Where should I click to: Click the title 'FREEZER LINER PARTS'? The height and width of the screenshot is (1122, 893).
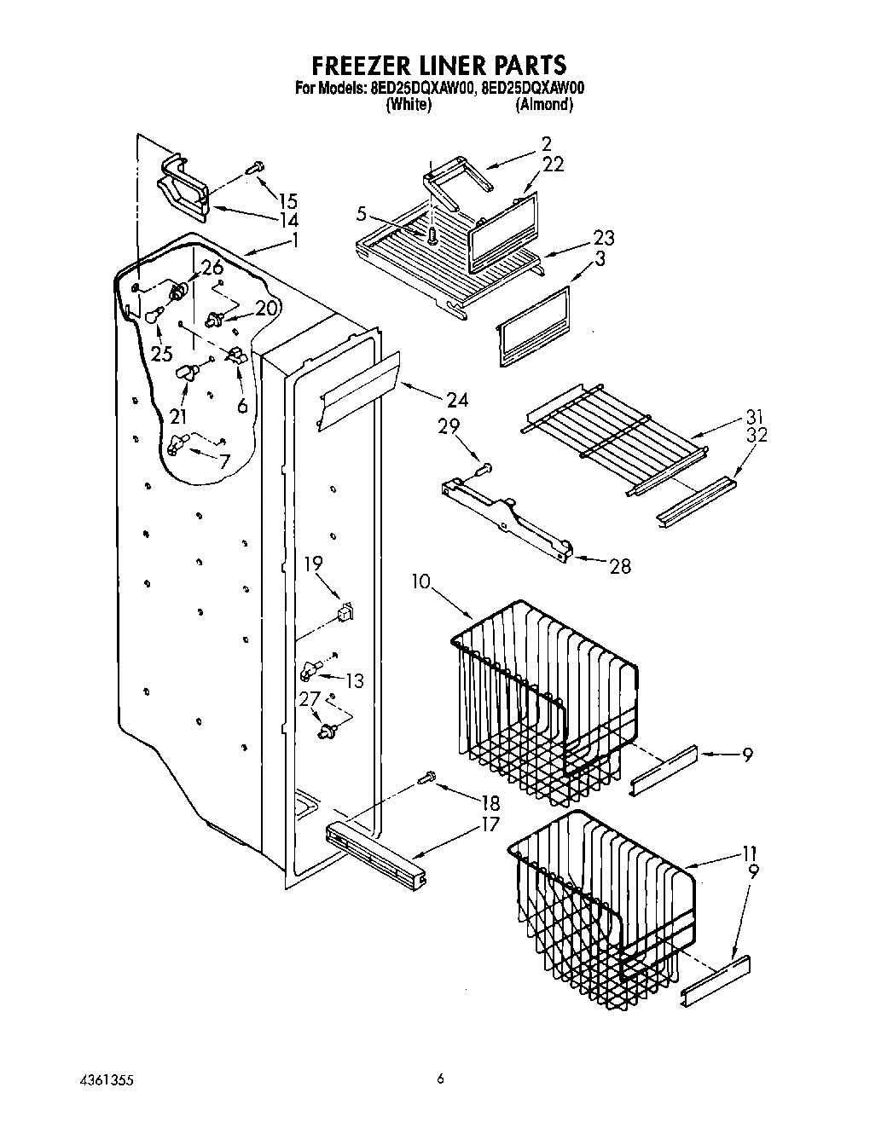[x=438, y=65]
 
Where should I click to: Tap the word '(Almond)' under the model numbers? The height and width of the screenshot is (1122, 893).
[x=543, y=104]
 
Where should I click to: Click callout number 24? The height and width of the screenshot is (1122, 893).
[x=456, y=399]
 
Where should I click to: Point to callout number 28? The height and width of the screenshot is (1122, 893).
[x=620, y=565]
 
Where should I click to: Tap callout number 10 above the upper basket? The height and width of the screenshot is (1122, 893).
[x=421, y=581]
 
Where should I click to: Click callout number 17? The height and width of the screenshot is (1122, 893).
[x=490, y=825]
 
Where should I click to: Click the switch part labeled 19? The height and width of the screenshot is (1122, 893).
[x=345, y=611]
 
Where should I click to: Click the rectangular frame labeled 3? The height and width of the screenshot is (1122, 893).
[x=532, y=326]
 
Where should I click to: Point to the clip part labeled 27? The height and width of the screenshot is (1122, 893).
[x=327, y=730]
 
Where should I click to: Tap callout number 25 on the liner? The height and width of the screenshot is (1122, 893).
[x=162, y=353]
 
